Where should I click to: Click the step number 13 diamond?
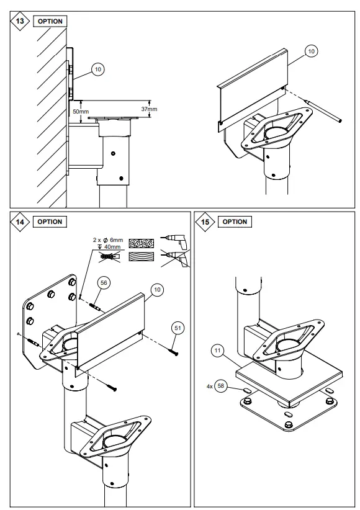coord(19,21)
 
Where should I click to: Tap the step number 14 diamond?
coord(19,221)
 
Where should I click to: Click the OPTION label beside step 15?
coord(235,221)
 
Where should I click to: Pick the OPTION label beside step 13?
coord(50,21)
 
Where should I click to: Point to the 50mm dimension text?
coord(80,111)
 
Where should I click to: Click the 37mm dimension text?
coord(149,109)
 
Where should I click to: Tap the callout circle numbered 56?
coord(104,282)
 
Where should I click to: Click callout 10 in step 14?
coord(156,290)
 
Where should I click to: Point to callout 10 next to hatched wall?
coord(98,69)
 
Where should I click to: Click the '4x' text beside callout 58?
coord(210,386)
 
